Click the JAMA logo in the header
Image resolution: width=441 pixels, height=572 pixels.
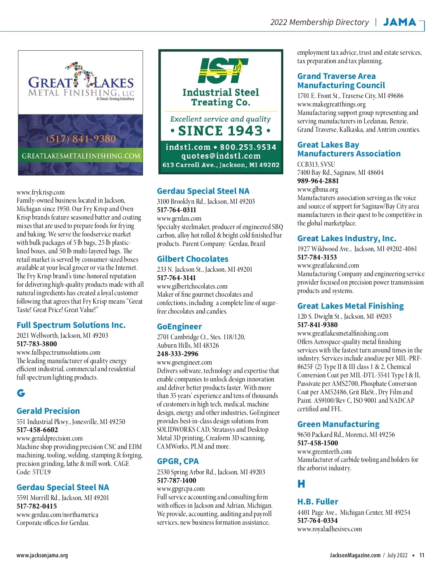click(399, 22)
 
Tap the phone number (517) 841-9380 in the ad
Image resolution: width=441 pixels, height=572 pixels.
click(81, 139)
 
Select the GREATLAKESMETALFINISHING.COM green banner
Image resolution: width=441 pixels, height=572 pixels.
click(81, 156)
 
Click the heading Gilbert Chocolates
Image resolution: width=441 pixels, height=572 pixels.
click(193, 259)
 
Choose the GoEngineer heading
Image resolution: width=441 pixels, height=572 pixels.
click(179, 326)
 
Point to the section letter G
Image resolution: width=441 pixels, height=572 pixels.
click(21, 393)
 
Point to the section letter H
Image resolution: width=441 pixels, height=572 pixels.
click(301, 484)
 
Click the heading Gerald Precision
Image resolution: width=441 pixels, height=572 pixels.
click(48, 411)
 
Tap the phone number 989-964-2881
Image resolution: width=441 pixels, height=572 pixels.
click(318, 181)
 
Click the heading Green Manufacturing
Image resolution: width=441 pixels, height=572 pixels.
click(338, 424)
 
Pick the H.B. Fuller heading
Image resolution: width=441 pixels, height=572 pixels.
click(318, 502)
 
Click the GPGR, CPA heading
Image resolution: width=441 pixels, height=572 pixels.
click(178, 461)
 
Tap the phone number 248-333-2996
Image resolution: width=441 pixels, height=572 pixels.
click(178, 354)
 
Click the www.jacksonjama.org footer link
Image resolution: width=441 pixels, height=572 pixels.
click(42, 555)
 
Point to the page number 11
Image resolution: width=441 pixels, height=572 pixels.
click(422, 555)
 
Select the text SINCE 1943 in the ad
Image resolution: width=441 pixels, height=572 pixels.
click(220, 131)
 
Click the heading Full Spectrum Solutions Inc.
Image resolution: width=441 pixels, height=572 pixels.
click(71, 325)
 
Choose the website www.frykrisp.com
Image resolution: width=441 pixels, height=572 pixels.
click(40, 192)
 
